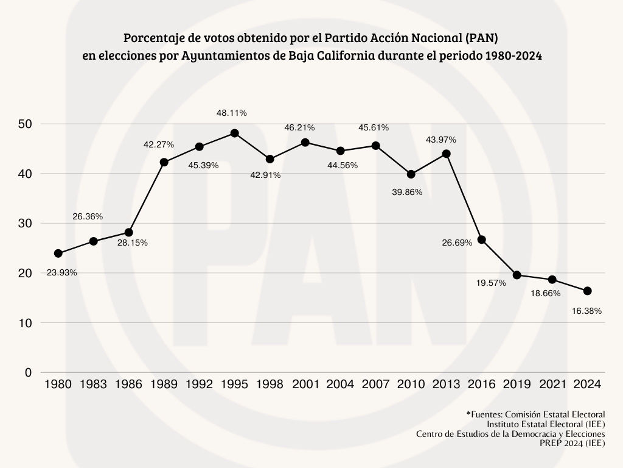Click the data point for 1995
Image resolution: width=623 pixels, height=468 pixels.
tap(234, 133)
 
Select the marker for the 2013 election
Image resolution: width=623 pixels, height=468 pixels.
tap(446, 154)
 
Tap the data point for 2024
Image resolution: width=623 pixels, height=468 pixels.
tap(587, 291)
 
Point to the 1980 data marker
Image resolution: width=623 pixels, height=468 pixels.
tap(58, 253)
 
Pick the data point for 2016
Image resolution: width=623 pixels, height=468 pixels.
tap(481, 239)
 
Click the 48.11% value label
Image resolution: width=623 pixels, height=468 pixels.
tap(232, 113)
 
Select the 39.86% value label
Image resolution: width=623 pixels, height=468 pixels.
tap(407, 192)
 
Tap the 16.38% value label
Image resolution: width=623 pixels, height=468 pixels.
tap(586, 311)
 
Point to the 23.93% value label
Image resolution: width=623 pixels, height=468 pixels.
tap(61, 273)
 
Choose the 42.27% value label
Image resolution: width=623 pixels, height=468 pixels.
tap(159, 144)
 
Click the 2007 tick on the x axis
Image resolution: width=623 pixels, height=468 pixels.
tap(375, 385)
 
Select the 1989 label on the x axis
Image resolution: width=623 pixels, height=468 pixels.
tap(164, 385)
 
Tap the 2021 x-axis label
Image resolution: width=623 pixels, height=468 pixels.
tap(552, 385)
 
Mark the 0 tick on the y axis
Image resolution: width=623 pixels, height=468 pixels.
tap(28, 372)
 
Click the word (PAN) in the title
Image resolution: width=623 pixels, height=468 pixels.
tap(482, 38)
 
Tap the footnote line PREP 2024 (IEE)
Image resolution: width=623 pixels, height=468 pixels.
tap(572, 444)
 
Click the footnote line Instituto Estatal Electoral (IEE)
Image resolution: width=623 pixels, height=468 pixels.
tap(546, 424)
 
